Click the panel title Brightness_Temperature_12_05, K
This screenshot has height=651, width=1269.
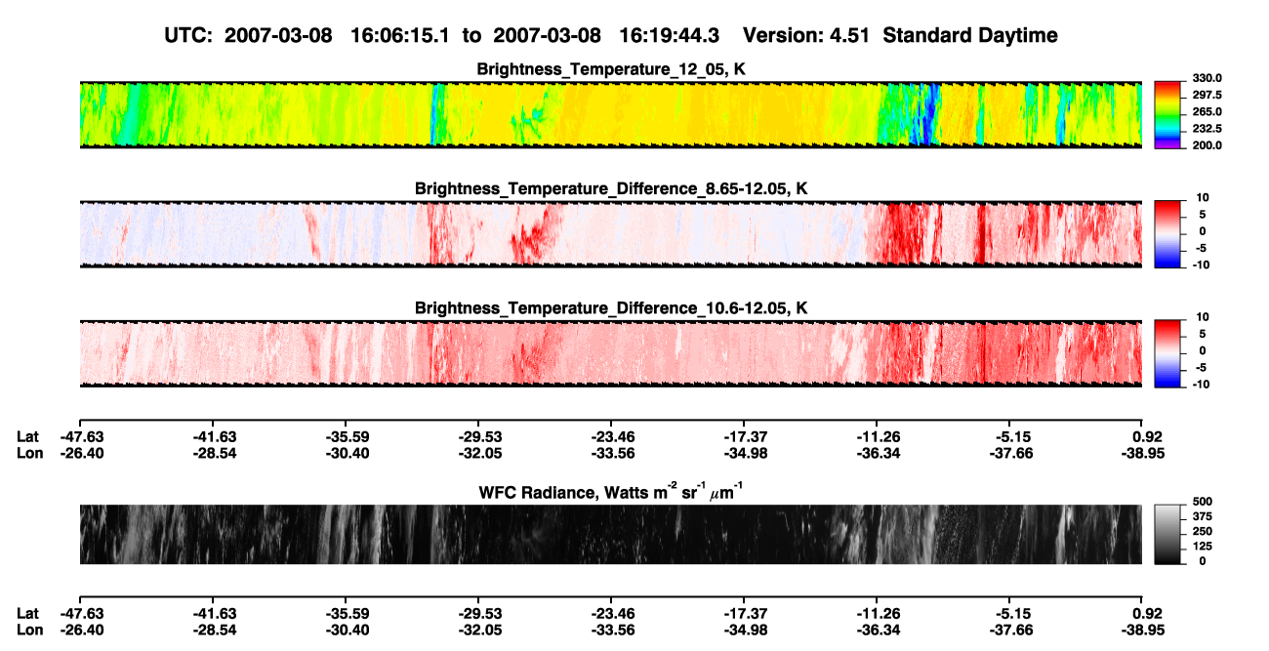tap(611, 69)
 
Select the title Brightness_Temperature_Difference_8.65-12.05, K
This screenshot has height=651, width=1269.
tap(611, 188)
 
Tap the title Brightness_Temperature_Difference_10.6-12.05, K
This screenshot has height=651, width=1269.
tap(611, 308)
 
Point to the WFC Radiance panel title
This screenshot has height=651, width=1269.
tap(611, 492)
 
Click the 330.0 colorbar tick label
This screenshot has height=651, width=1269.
tap(1207, 78)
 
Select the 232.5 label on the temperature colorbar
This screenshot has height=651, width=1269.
tap(1207, 129)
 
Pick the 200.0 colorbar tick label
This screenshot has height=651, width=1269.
tap(1207, 145)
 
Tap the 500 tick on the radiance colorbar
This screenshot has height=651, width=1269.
tap(1203, 502)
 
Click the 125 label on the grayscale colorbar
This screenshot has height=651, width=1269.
tap(1203, 547)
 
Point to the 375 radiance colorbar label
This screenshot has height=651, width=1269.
tap(1203, 516)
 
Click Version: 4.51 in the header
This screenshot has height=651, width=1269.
tap(805, 35)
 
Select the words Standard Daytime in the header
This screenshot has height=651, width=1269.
tap(970, 35)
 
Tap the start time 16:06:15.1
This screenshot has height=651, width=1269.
tap(400, 35)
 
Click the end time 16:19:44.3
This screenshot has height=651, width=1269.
tap(669, 35)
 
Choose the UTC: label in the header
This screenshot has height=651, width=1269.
tap(188, 35)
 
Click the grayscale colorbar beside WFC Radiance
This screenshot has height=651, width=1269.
tap(1167, 534)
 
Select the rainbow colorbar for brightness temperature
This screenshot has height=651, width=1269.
tap(1167, 115)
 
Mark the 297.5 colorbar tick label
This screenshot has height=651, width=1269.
tap(1207, 96)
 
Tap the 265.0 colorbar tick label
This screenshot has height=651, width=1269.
tap(1207, 111)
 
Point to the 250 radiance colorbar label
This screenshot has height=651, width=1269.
tap(1203, 532)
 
